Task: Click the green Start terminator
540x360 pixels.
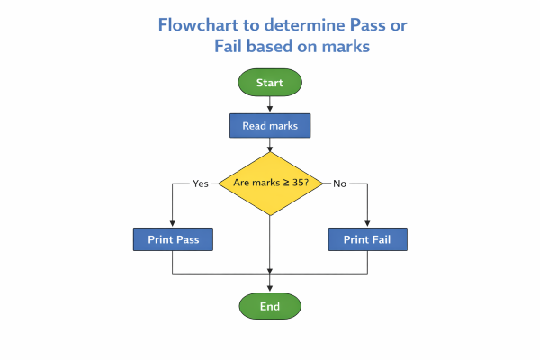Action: coord(270,83)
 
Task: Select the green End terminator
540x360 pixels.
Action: coord(270,306)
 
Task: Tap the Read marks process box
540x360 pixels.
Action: coord(270,126)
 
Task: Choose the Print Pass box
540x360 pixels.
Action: coord(173,239)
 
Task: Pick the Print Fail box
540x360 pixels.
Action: coord(368,239)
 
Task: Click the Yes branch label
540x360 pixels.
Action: coord(201,184)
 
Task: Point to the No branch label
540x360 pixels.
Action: coord(339,184)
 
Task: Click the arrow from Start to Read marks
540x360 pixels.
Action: coord(270,104)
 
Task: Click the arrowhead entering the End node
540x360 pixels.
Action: coord(270,290)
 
